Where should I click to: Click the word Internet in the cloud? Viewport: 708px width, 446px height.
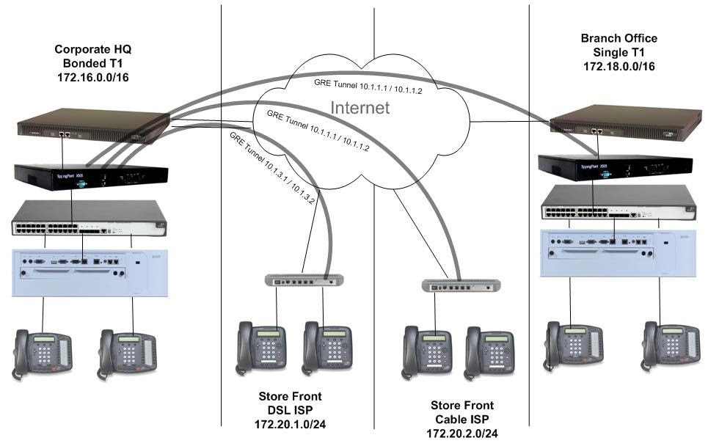tap(360, 108)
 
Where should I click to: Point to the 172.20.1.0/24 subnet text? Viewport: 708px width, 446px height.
tap(288, 424)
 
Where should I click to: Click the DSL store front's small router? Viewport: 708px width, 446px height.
tap(304, 280)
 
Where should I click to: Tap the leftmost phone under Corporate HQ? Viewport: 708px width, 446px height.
tap(42, 354)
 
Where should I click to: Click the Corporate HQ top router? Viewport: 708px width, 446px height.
tap(93, 124)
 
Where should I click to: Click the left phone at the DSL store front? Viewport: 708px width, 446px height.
tap(260, 346)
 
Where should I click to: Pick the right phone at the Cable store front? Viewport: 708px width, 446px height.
tap(491, 351)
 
